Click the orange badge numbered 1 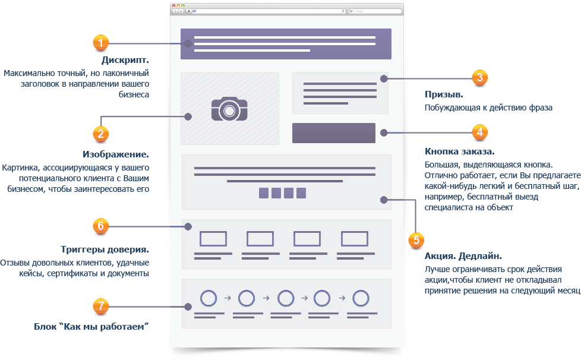100,43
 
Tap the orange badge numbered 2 100,134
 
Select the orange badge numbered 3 480,77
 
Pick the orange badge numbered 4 480,132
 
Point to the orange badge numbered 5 416,240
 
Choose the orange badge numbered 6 100,226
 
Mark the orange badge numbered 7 100,307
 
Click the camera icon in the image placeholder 229,109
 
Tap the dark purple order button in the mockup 333,133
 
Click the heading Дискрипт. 125,60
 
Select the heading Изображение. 116,154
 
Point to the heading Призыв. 444,94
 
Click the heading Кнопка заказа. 459,151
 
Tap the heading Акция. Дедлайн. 463,256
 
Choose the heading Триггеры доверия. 105,250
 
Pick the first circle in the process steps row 209,298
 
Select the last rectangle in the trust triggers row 355,239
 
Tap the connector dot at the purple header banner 188,44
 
